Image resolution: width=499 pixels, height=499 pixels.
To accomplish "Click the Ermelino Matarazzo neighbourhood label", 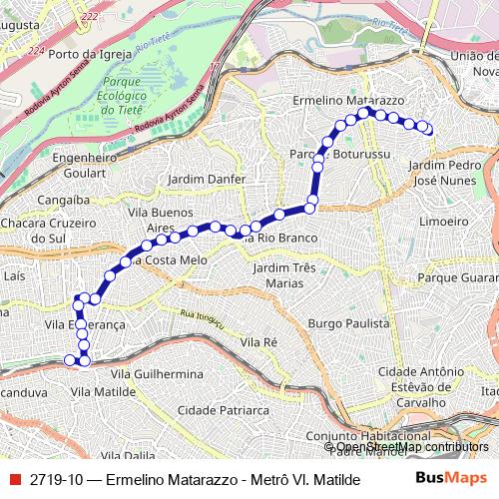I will (347, 101).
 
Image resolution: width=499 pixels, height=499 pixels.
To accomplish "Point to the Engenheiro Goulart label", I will (85, 164).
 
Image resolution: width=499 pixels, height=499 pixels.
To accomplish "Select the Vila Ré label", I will (258, 342).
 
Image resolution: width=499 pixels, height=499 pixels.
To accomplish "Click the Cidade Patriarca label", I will (223, 409).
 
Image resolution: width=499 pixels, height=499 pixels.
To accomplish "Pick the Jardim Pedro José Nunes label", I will (445, 172).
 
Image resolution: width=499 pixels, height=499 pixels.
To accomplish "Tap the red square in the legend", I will (13, 479).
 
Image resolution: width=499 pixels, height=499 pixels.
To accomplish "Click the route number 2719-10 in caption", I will (55, 479).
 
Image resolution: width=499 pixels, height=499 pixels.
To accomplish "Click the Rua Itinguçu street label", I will (198, 318).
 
